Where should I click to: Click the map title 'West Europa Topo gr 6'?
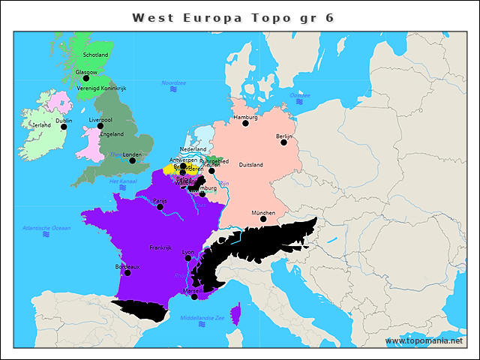[232, 16]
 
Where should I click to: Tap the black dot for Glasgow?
[86, 78]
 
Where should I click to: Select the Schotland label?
[95, 55]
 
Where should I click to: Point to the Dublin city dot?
[64, 127]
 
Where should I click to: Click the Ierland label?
[41, 125]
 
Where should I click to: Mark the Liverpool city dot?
[100, 125]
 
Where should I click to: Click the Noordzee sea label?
[173, 82]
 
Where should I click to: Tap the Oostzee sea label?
[300, 95]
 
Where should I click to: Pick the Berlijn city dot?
[284, 142]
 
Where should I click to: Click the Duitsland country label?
[250, 164]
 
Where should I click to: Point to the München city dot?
[263, 219]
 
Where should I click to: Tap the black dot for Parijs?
[160, 207]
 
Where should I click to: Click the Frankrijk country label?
[160, 247]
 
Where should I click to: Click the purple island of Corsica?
[236, 313]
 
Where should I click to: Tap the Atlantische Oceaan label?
[46, 227]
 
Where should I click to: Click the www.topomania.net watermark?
[424, 341]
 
